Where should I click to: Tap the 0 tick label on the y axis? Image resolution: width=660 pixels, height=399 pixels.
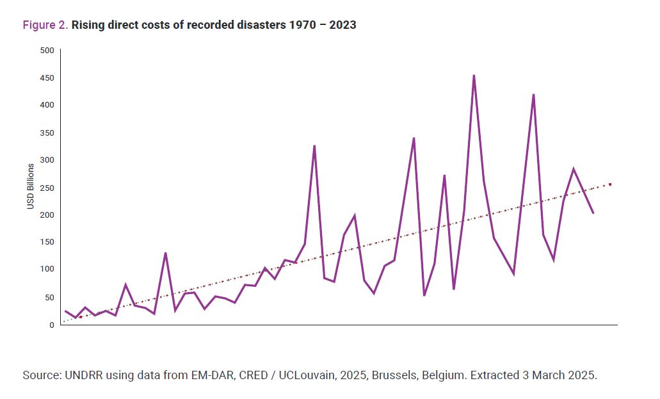[x=52, y=325]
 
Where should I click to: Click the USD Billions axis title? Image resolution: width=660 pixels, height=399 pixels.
[x=30, y=186]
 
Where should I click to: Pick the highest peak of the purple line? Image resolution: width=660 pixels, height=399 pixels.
[x=474, y=76]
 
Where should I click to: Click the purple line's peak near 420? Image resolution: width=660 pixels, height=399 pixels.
[x=533, y=95]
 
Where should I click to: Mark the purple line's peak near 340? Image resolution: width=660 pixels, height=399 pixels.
[x=414, y=138]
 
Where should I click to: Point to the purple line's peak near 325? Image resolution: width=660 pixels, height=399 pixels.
[x=314, y=146]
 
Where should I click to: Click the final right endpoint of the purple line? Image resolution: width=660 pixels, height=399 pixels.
[x=593, y=213]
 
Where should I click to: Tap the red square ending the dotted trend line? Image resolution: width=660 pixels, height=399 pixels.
[x=610, y=184]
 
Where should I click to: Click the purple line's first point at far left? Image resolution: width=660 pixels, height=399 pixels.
[x=65, y=311]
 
